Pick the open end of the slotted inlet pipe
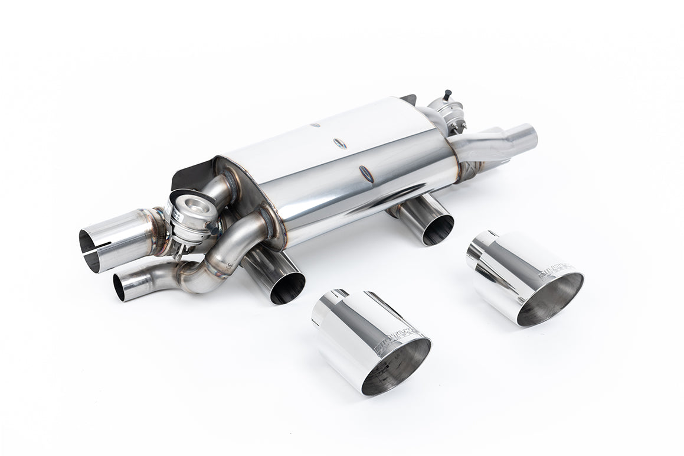point(89,251)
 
